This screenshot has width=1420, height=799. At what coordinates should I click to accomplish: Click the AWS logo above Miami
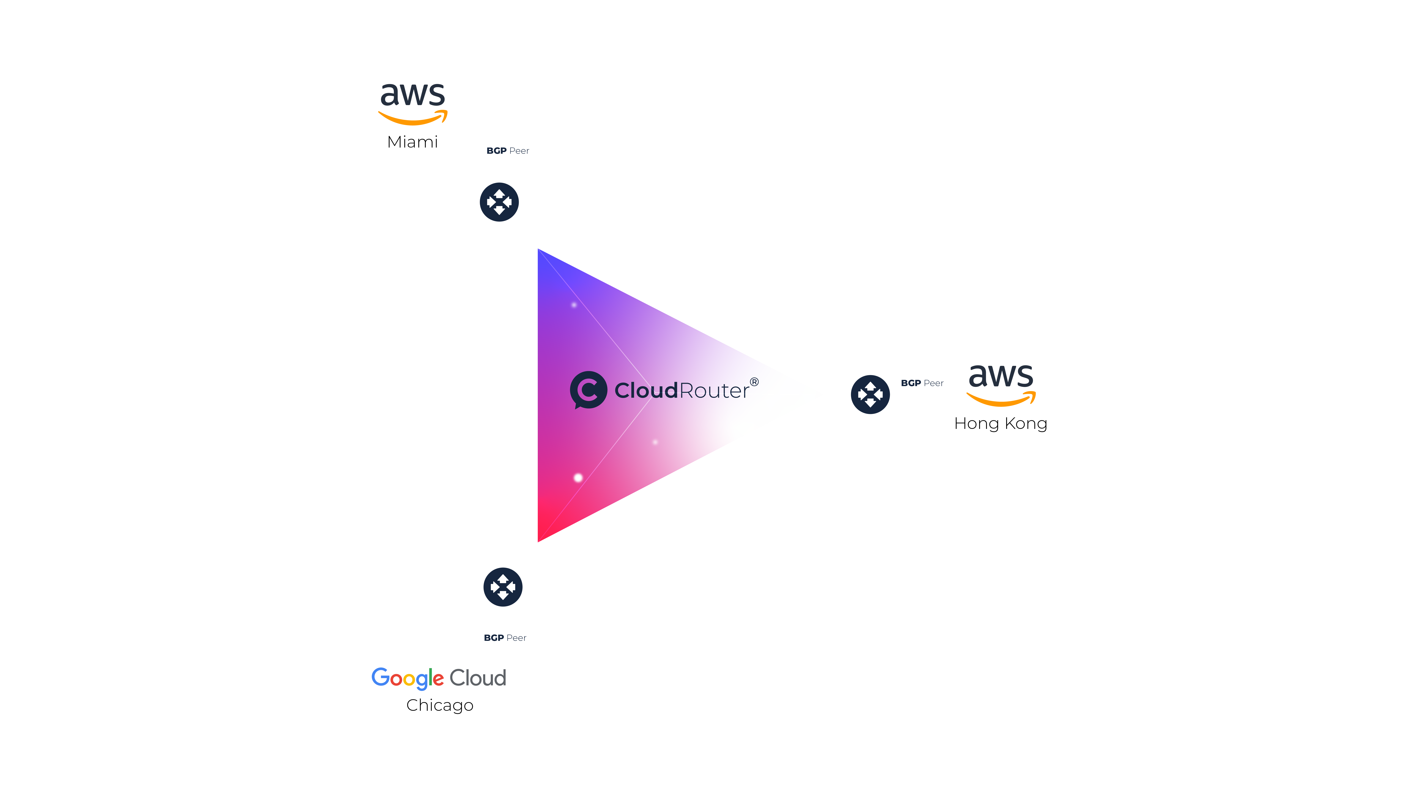(x=412, y=104)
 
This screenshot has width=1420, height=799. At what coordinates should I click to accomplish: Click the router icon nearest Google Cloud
(x=503, y=587)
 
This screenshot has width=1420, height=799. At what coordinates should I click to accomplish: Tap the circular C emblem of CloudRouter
(x=588, y=390)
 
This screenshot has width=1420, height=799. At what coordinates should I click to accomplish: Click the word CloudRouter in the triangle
(x=682, y=390)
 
